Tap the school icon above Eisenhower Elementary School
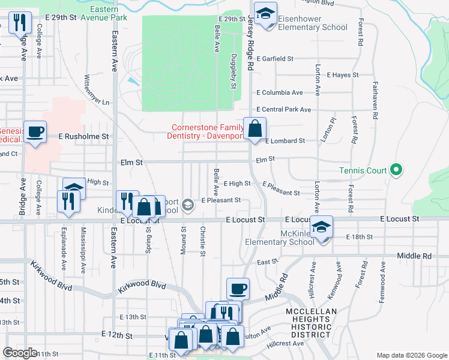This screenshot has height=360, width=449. point(265,13)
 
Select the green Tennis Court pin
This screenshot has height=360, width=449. point(395,170)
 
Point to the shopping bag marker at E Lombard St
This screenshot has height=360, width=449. point(255,128)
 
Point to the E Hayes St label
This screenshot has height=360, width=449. point(342,75)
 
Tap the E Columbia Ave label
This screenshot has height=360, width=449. point(280,92)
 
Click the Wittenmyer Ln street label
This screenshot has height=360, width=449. point(89,89)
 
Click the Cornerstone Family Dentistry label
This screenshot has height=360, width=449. point(207,132)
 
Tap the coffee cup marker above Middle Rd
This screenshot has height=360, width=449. point(238,289)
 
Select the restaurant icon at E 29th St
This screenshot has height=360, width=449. point(19,23)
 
